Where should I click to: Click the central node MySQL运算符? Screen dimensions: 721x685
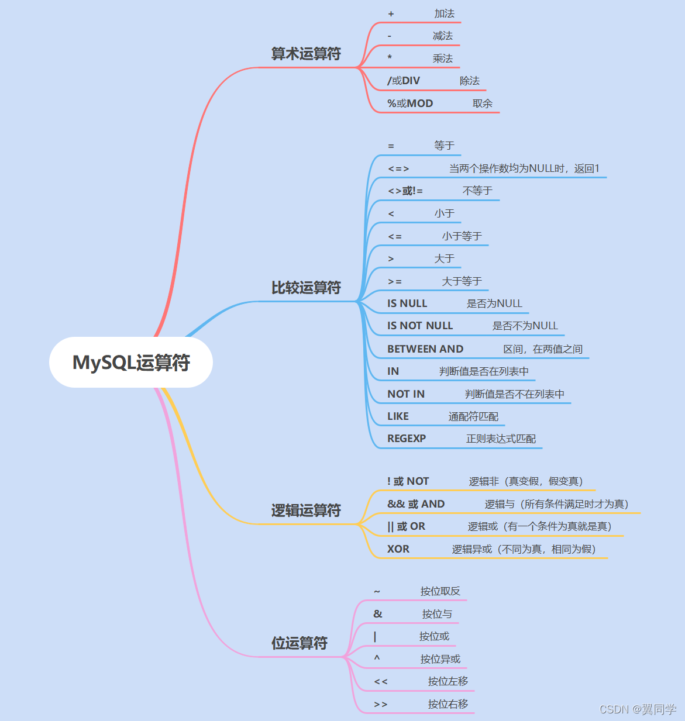tap(131, 363)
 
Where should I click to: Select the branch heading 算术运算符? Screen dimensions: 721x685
tap(305, 54)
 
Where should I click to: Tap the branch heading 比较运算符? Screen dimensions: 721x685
tap(305, 288)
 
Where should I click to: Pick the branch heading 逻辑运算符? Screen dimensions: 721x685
tap(305, 510)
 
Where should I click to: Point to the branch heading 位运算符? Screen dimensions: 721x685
tap(299, 643)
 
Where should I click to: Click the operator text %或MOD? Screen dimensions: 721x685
tap(410, 104)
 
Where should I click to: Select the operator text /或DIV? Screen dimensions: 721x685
tap(404, 81)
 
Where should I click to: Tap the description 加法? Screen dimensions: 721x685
tap(445, 13)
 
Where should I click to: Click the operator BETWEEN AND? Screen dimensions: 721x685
tap(425, 349)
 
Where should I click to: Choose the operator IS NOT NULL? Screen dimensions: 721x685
tap(420, 326)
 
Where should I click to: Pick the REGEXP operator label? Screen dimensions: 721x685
tap(407, 439)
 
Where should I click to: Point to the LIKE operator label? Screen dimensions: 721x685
tap(398, 416)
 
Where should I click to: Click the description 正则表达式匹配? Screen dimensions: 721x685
tap(501, 439)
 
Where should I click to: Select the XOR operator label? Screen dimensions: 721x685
tap(398, 549)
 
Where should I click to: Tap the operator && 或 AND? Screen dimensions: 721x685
tap(416, 504)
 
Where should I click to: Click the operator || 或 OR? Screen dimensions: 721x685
tap(406, 526)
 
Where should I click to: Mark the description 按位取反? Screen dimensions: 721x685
tap(440, 591)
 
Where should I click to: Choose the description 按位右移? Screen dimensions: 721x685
tap(448, 704)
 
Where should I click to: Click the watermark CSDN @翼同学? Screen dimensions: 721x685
tap(638, 709)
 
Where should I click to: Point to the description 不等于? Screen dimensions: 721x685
tap(477, 191)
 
